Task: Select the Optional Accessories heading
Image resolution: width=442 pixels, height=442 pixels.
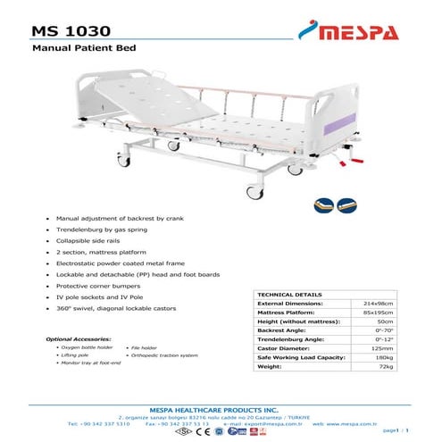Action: [79, 340]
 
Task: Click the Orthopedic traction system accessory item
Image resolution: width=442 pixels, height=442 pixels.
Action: [164, 356]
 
